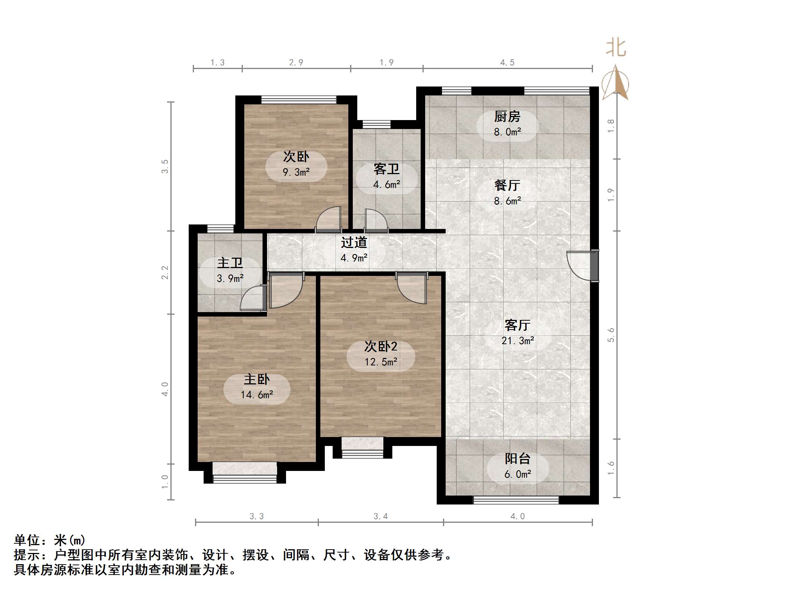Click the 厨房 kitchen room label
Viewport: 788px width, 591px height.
(507, 117)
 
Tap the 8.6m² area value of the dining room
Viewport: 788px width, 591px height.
(507, 201)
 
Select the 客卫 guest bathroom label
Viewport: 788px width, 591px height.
(386, 169)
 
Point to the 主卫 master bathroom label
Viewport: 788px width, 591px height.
(230, 263)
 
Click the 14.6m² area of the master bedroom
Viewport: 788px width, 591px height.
(257, 395)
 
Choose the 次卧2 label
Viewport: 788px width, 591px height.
(380, 347)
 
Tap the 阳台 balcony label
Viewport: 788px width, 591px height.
(517, 459)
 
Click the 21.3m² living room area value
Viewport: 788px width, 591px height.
(517, 341)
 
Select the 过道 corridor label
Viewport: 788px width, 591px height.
(354, 243)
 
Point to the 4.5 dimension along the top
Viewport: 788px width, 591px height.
(507, 63)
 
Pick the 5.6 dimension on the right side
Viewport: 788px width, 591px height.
(610, 335)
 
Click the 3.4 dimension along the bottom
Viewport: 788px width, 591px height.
(380, 516)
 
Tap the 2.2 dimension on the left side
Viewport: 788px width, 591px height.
(165, 272)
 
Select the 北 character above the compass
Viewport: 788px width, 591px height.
(616, 48)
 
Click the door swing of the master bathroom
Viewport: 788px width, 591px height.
(253, 298)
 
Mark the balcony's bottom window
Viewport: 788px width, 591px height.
(516, 500)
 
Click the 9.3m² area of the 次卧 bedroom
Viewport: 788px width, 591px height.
(296, 172)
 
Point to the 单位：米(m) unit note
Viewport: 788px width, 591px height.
(50, 540)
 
